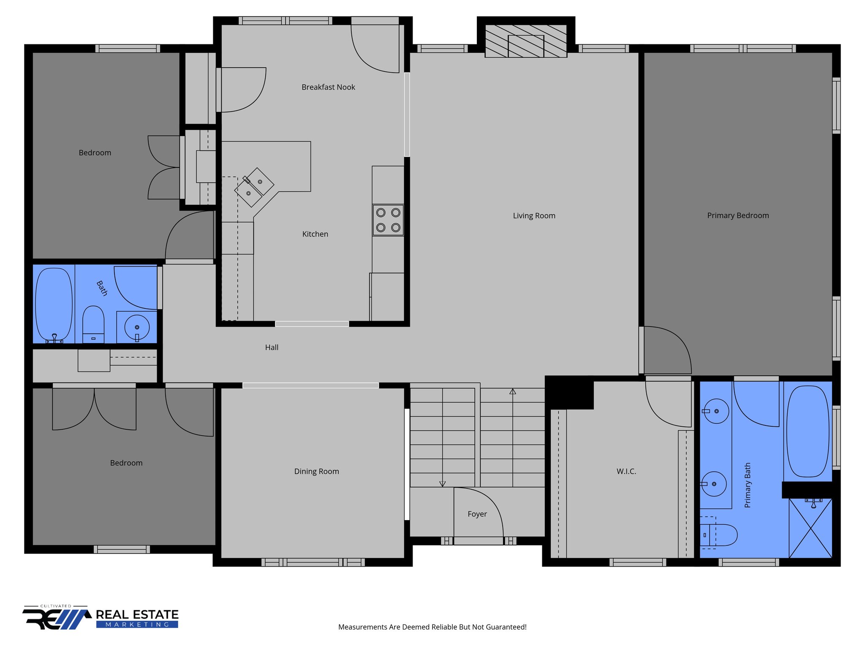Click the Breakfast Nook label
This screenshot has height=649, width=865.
pyautogui.click(x=328, y=87)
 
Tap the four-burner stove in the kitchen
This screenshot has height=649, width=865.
pyautogui.click(x=388, y=220)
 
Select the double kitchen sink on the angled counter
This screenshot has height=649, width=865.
pyautogui.click(x=254, y=188)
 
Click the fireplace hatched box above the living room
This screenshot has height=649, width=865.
pyautogui.click(x=525, y=41)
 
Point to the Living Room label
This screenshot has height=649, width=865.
pyautogui.click(x=534, y=216)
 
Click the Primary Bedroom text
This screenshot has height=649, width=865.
pyautogui.click(x=738, y=215)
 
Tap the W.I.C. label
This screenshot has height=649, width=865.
pyautogui.click(x=626, y=472)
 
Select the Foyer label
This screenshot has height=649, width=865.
pyautogui.click(x=477, y=514)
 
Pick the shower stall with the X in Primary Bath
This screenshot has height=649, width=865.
pyautogui.click(x=810, y=528)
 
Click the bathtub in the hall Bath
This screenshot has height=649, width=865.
pyautogui.click(x=54, y=304)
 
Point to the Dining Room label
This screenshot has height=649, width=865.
pyautogui.click(x=316, y=472)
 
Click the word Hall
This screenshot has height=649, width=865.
pyautogui.click(x=272, y=348)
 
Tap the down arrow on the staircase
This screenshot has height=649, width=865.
pyautogui.click(x=442, y=484)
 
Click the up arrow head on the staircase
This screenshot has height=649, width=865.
pyautogui.click(x=512, y=392)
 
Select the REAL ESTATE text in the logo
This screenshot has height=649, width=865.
pyautogui.click(x=137, y=614)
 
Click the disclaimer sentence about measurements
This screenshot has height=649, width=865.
pyautogui.click(x=432, y=627)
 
